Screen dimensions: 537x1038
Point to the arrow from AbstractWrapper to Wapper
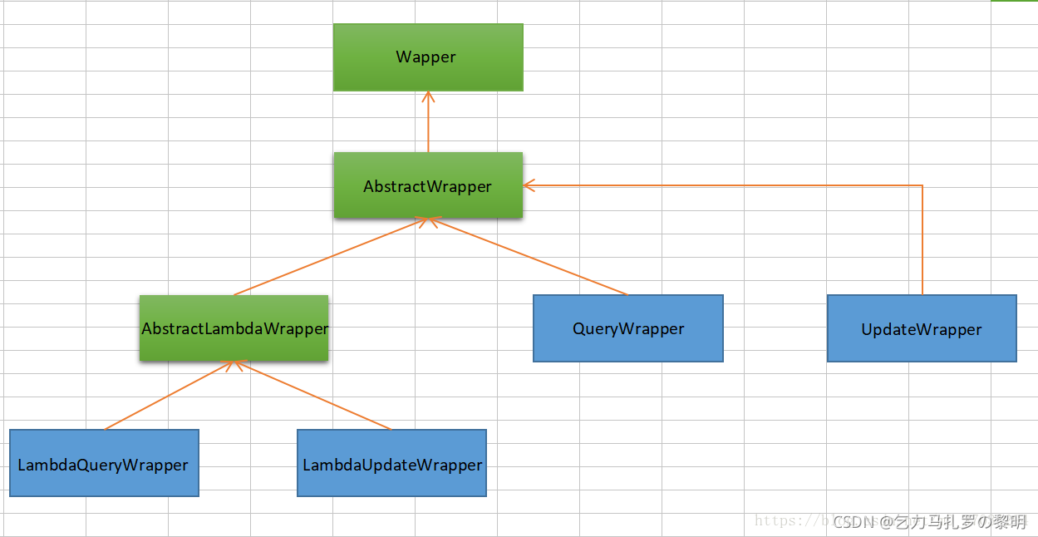click(428, 125)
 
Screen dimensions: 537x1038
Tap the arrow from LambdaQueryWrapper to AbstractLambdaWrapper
click(170, 396)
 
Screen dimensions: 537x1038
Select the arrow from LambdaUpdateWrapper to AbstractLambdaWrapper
click(314, 396)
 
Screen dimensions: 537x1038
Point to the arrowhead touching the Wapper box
click(428, 96)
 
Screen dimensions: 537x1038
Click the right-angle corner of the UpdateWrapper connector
click(922, 185)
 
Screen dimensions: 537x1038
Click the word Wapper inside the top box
click(426, 57)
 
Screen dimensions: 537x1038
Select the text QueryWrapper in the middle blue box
click(628, 329)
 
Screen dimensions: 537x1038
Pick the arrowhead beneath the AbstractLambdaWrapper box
click(236, 365)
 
